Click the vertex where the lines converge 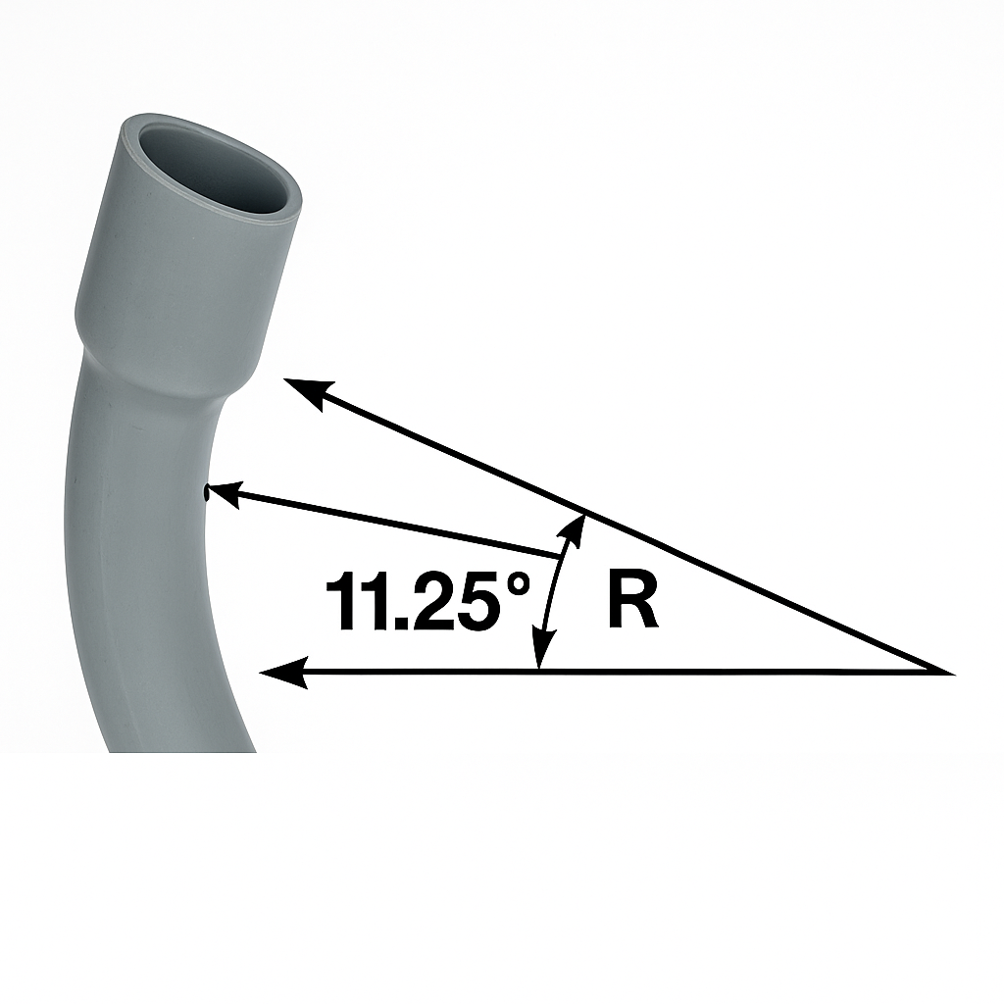949,673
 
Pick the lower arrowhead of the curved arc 538,655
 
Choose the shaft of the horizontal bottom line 686,673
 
